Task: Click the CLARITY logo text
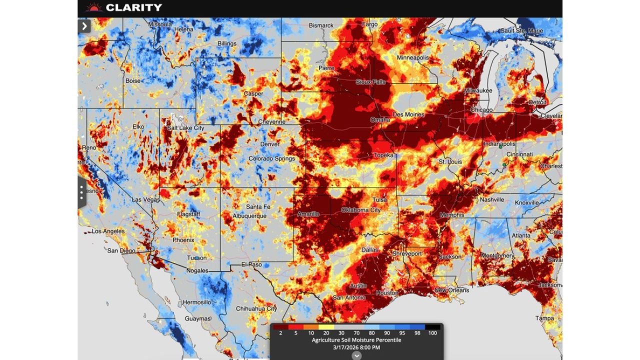(133, 7)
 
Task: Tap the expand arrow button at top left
(84, 26)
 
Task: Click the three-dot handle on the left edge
(81, 192)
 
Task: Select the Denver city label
(269, 144)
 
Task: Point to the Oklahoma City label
(360, 210)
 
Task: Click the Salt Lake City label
(185, 128)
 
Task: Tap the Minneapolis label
(412, 58)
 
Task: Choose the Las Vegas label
(145, 199)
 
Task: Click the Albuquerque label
(249, 215)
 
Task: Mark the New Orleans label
(451, 290)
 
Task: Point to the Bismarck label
(321, 25)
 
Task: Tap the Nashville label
(492, 199)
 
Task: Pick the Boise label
(133, 80)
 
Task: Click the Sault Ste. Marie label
(521, 31)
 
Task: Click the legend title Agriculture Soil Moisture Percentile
(356, 340)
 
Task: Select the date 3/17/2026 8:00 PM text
(356, 347)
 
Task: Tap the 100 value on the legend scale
(433, 333)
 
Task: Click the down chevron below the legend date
(356, 355)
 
